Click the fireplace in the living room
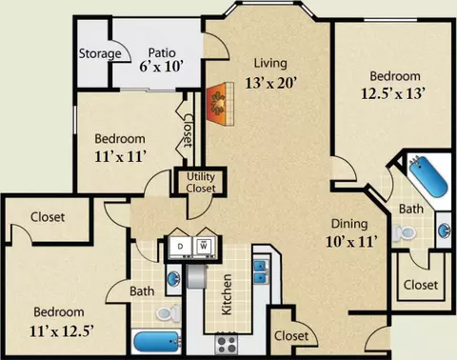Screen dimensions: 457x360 (x=220, y=104)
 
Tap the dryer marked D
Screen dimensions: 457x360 (x=180, y=247)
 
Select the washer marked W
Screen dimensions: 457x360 (x=204, y=247)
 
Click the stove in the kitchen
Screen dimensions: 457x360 (x=227, y=344)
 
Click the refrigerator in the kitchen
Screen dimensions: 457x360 (x=197, y=276)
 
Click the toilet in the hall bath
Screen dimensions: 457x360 (x=168, y=312)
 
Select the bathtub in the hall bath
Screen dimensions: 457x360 (x=157, y=342)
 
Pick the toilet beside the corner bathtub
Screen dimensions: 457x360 (x=404, y=233)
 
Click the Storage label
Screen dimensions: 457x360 (x=100, y=53)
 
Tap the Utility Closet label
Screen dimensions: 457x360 (x=201, y=183)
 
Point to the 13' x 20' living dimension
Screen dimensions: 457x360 (x=270, y=83)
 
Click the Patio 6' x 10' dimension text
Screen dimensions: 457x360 (x=162, y=67)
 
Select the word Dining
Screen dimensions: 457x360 (x=349, y=225)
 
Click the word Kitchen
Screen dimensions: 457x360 (x=227, y=294)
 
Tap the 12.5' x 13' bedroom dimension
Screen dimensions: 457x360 (x=393, y=93)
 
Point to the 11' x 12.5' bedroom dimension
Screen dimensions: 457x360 (x=62, y=331)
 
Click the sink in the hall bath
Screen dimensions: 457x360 (x=174, y=279)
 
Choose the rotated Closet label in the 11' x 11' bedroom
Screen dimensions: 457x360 (x=188, y=130)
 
